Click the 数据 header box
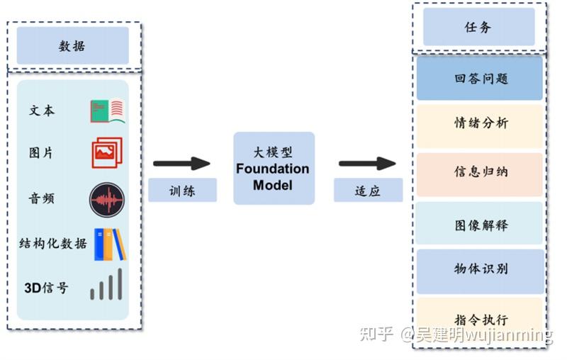point(72,46)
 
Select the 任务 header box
point(478,28)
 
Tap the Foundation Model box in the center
point(274,169)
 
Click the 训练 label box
point(182,190)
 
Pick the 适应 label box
point(368,190)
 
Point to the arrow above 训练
point(181,164)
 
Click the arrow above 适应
point(367,164)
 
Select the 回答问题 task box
point(480,78)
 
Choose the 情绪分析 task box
point(480,123)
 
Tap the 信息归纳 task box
point(480,173)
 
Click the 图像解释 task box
point(480,225)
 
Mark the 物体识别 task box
point(480,270)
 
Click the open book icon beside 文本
point(108,111)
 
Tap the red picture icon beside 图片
point(107,152)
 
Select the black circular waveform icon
point(107,199)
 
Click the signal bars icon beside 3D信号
point(106,285)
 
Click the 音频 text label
point(41,198)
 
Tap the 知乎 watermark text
point(376,334)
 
